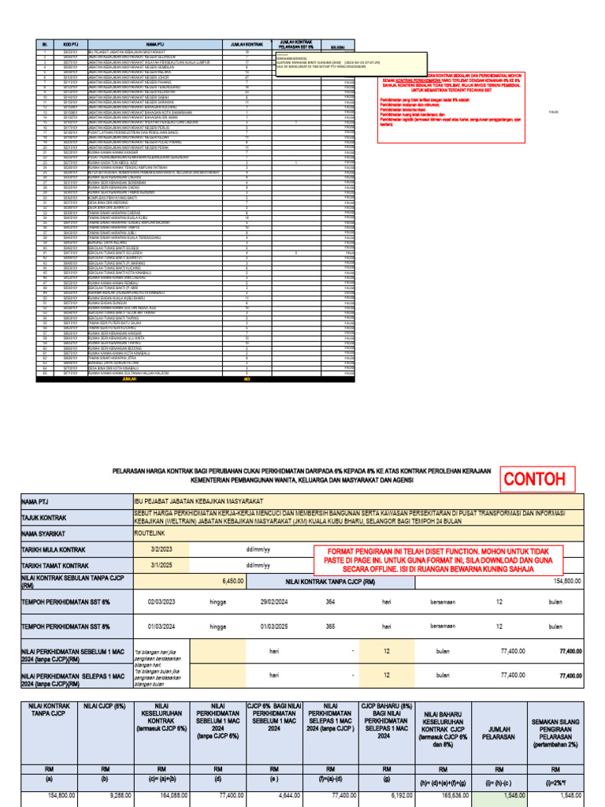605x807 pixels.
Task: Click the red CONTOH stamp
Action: click(x=535, y=479)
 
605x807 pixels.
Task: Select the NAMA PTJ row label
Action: click(x=35, y=500)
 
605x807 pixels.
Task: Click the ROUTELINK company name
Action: click(x=151, y=532)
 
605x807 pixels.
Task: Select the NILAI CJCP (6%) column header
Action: click(x=104, y=708)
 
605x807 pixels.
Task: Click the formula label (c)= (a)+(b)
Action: click(x=161, y=784)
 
